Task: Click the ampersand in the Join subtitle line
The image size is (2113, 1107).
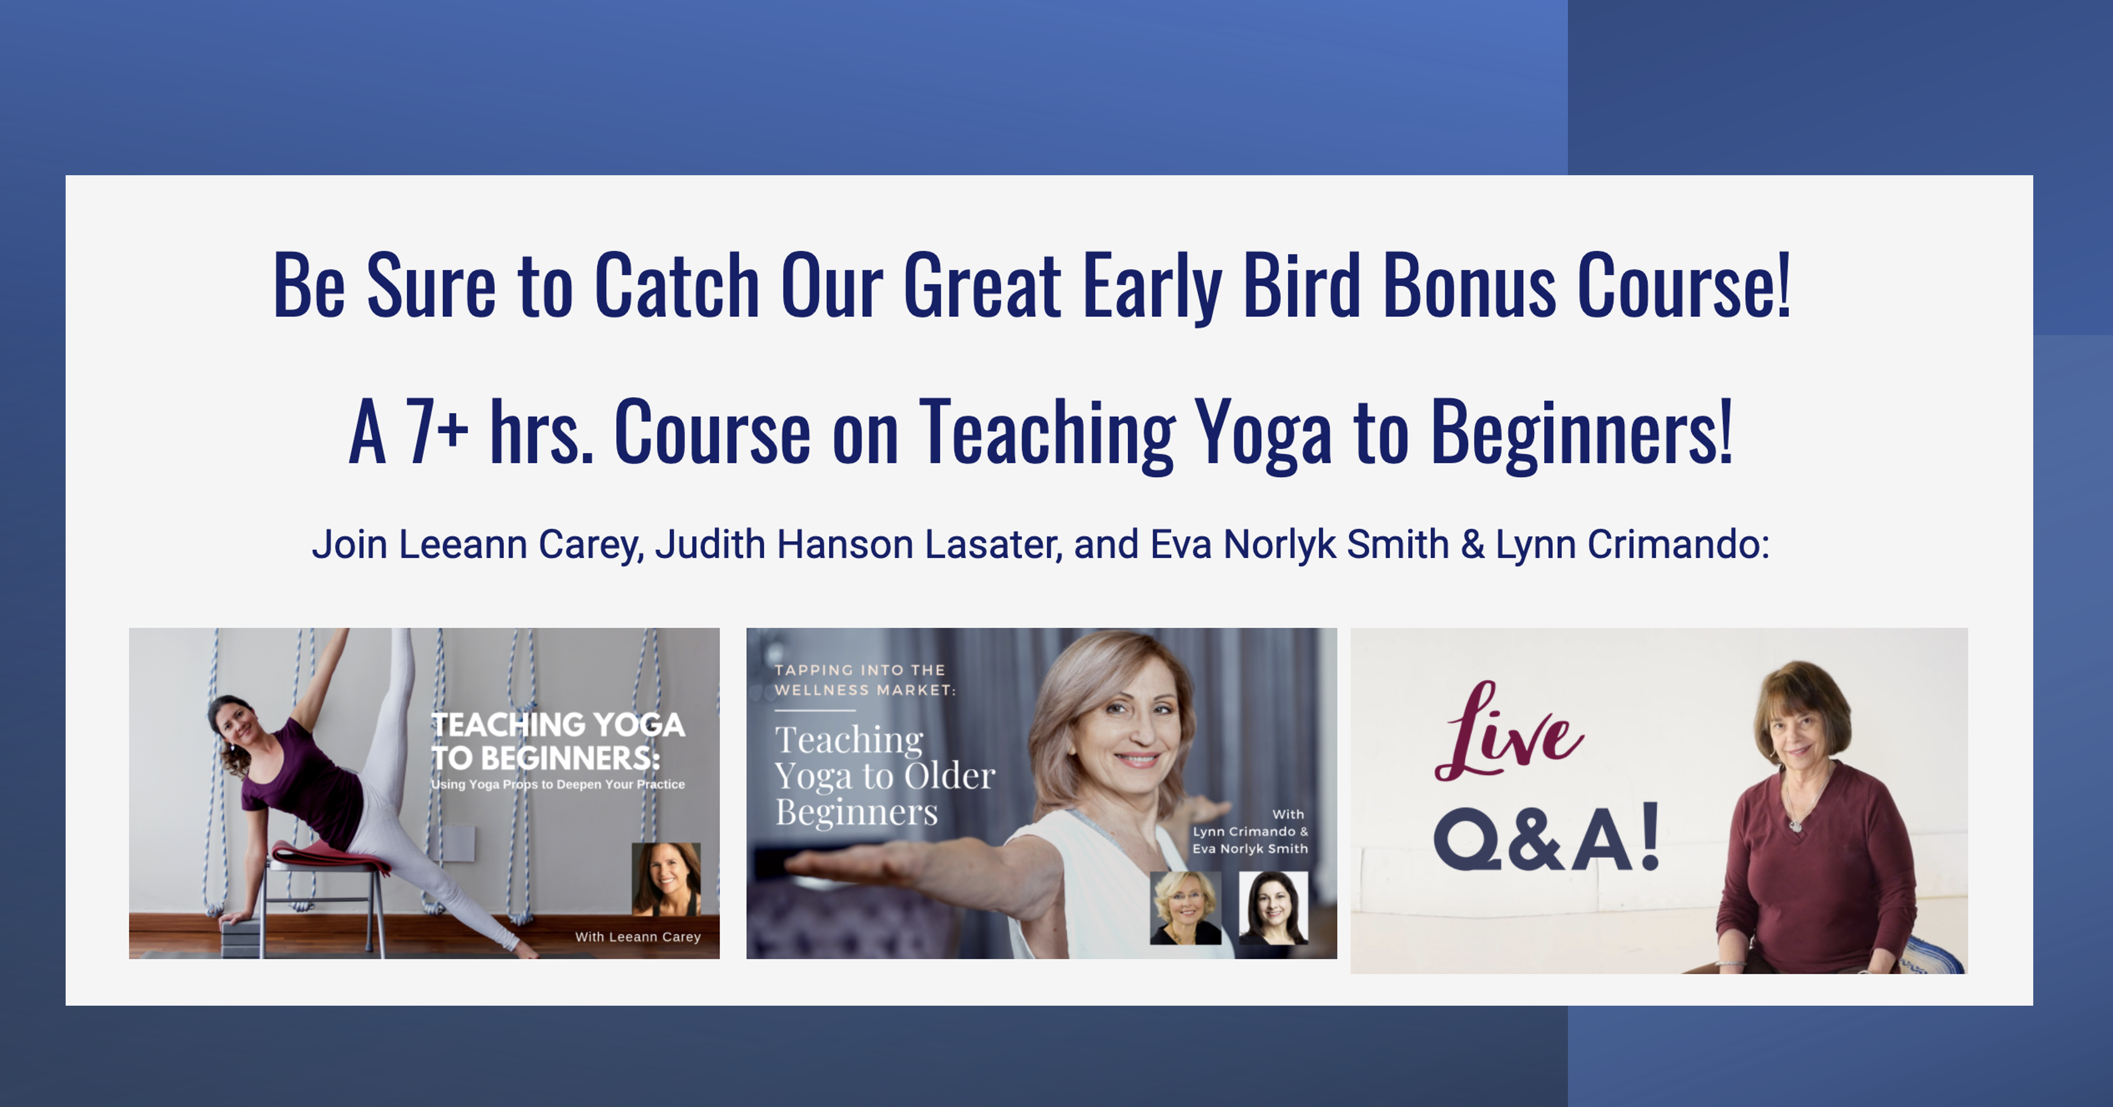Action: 1472,544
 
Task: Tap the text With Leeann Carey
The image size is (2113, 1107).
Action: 638,936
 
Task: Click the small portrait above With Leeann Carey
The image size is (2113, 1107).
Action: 666,879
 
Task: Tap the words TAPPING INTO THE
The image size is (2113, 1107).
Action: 860,670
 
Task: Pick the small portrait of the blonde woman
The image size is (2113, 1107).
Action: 1185,908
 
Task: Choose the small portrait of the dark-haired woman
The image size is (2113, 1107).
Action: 1273,908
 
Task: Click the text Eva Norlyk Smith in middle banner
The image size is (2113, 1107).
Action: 1250,849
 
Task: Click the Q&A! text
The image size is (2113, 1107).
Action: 1547,838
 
